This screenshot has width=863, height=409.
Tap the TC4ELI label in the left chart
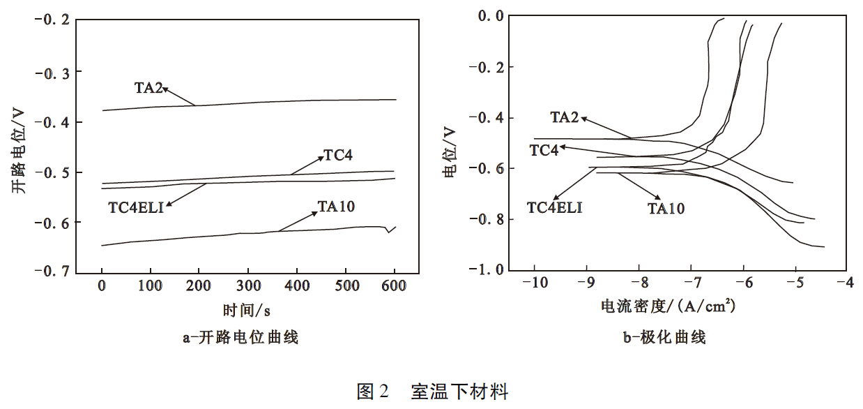coord(135,207)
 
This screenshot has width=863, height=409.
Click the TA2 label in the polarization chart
coord(565,117)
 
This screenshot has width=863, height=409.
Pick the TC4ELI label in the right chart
coord(554,207)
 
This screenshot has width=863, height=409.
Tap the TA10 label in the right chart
coord(666,208)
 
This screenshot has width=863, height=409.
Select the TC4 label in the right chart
coord(544,150)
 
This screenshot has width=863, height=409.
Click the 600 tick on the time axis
coord(394,286)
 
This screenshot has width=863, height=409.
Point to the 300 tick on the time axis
coord(248,286)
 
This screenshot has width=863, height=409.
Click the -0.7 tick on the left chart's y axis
coord(52,272)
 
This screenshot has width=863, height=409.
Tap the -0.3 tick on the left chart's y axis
coord(52,71)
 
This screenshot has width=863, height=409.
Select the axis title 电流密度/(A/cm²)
coord(669,306)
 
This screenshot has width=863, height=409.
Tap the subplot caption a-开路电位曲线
coord(240,339)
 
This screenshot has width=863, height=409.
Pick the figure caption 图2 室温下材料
coord(432,392)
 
